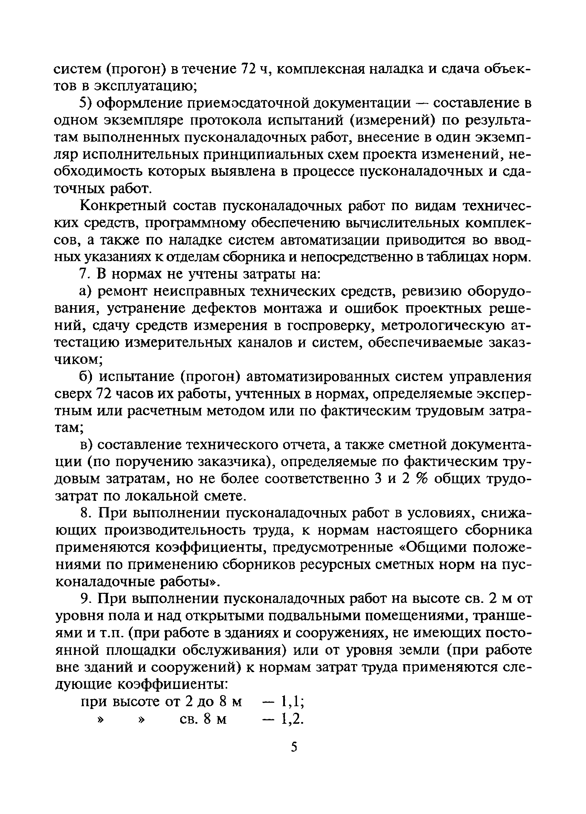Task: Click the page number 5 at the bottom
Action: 294,748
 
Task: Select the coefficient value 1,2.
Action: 292,719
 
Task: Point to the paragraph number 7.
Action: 83,274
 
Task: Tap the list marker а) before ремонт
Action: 86,292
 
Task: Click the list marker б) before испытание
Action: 86,377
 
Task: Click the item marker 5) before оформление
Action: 85,103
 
